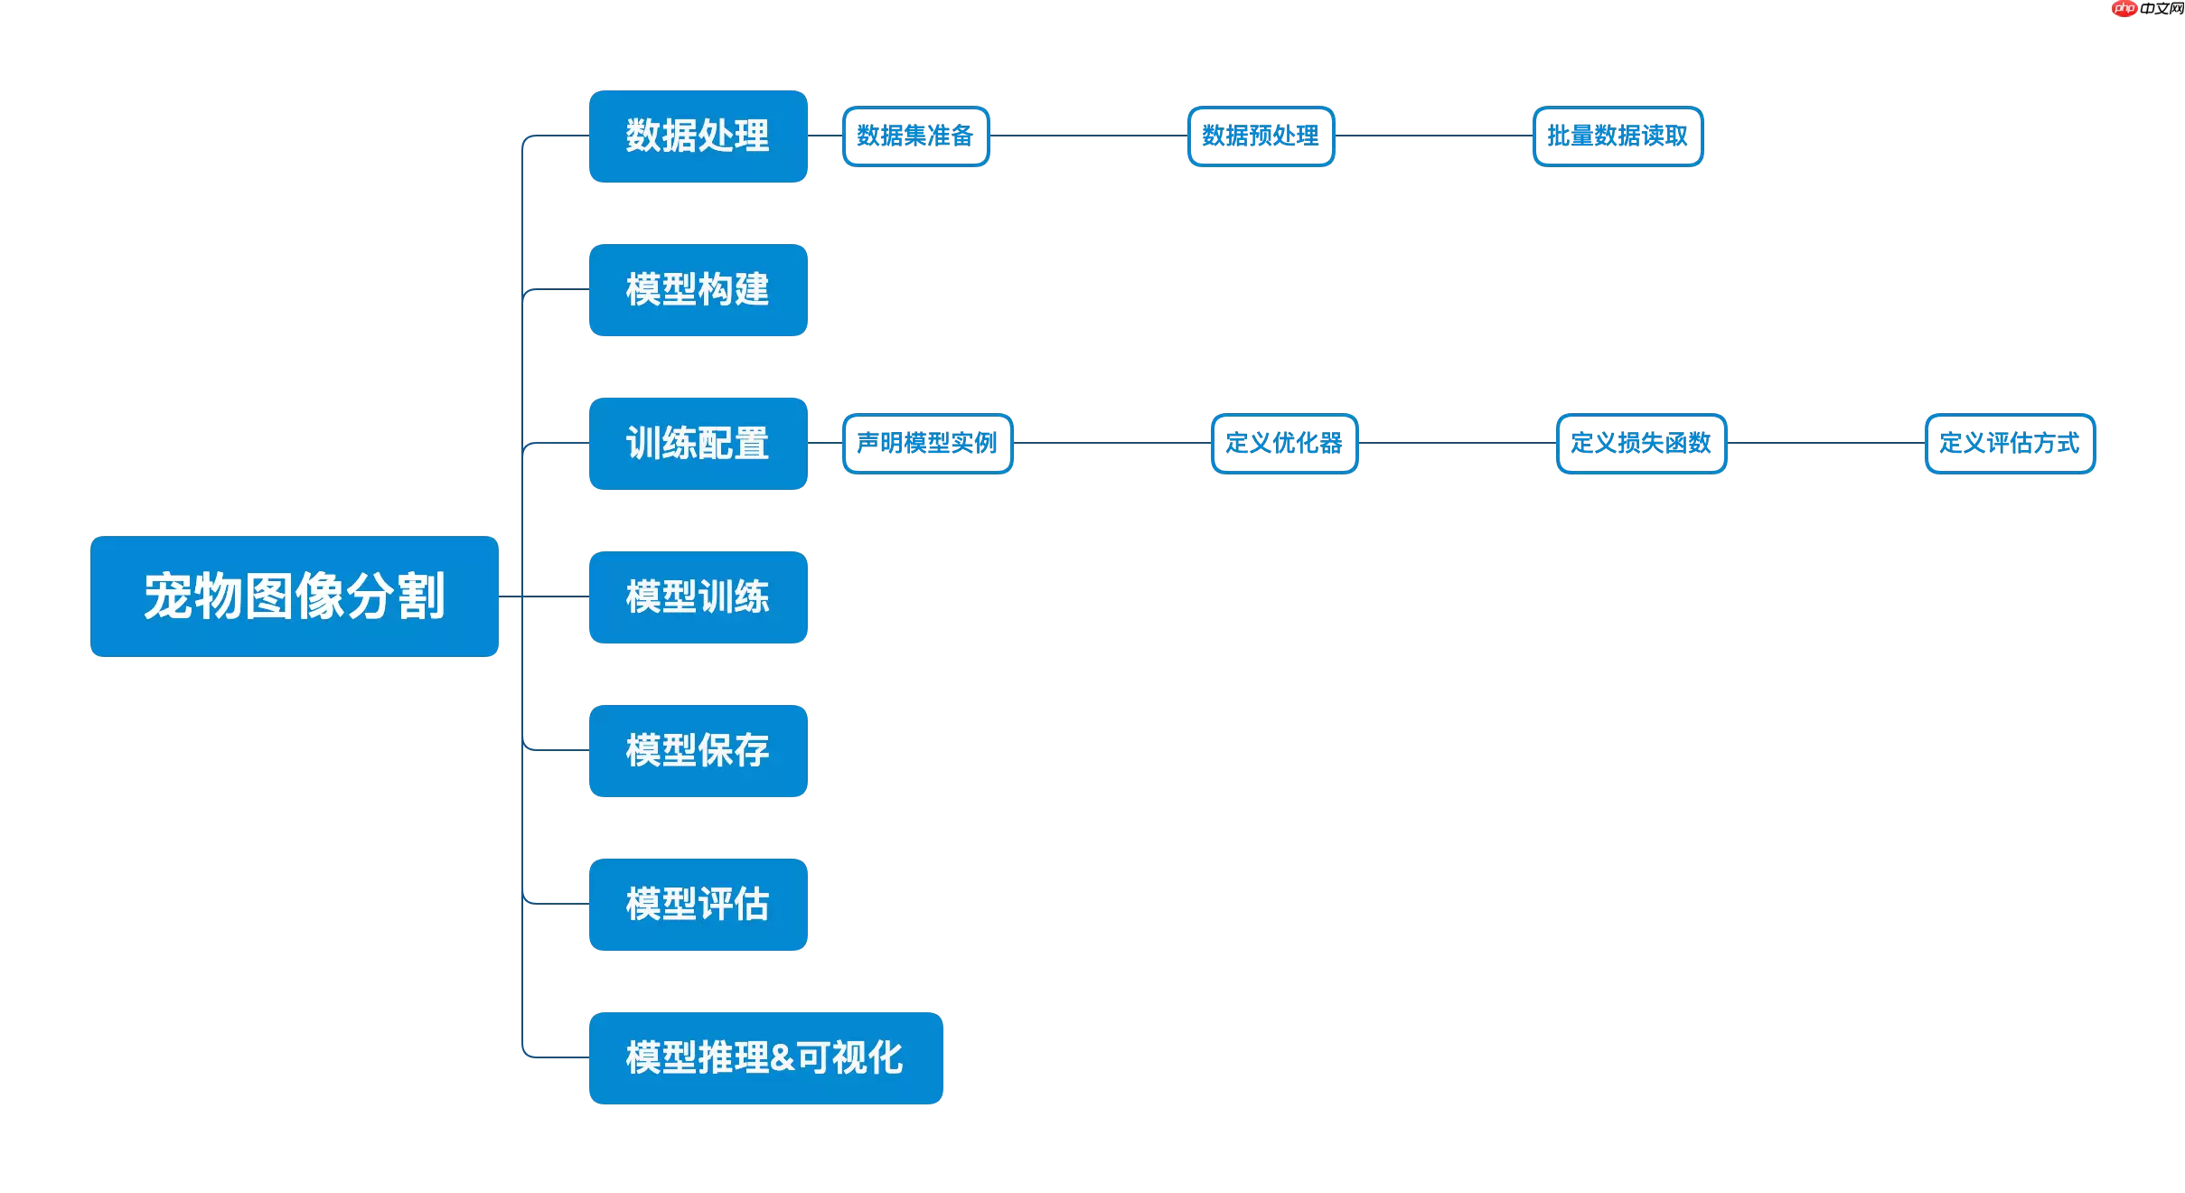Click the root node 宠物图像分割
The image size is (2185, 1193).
pyautogui.click(x=294, y=596)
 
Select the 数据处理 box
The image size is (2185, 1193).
pyautogui.click(x=698, y=136)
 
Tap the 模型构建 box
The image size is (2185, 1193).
pyautogui.click(x=698, y=290)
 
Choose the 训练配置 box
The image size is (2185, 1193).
pyautogui.click(x=698, y=444)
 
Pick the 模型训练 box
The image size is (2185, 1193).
pyautogui.click(x=698, y=597)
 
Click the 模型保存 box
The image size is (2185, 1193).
pyautogui.click(x=698, y=751)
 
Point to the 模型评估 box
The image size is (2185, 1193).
pyautogui.click(x=698, y=905)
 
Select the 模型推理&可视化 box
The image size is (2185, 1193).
pyautogui.click(x=765, y=1058)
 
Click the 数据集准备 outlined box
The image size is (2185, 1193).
pyautogui.click(x=915, y=136)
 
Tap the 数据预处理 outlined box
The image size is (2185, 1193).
pyautogui.click(x=1261, y=136)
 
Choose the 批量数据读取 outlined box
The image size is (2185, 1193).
pyautogui.click(x=1618, y=136)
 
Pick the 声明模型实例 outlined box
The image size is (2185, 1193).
pyautogui.click(x=927, y=444)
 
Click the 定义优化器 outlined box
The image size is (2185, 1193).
pyautogui.click(x=1284, y=444)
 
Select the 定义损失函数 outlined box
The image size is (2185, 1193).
pyautogui.click(x=1641, y=444)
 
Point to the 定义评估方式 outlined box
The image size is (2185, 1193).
pyautogui.click(x=2010, y=444)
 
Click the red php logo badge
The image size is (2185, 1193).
pyautogui.click(x=2124, y=8)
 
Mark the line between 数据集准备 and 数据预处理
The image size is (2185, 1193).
pyautogui.click(x=1089, y=136)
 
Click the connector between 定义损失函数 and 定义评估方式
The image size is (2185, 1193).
pyautogui.click(x=1825, y=443)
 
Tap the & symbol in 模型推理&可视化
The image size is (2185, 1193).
pyautogui.click(x=783, y=1058)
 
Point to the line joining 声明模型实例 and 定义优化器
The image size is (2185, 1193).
pyautogui.click(x=1111, y=443)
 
